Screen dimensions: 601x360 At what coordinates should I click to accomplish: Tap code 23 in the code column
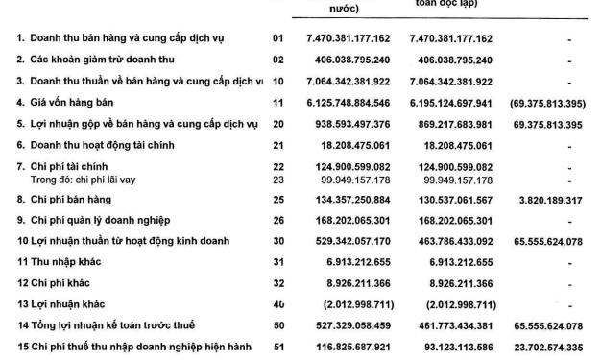pyautogui.click(x=278, y=179)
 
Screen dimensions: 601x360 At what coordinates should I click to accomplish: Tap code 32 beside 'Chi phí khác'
pyautogui.click(x=278, y=284)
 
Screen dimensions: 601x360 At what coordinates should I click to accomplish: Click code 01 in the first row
pyautogui.click(x=278, y=38)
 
